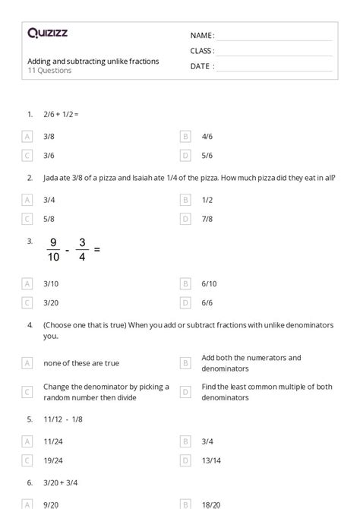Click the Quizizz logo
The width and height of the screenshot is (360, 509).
(x=46, y=33)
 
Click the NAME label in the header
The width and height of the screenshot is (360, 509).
(x=201, y=35)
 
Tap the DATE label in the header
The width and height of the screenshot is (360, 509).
(x=201, y=66)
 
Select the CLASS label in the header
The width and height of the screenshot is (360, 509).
(x=202, y=51)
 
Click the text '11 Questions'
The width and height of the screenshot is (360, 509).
(x=49, y=71)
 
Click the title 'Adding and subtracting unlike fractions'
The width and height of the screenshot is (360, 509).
(x=93, y=61)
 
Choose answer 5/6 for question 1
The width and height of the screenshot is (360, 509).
(x=207, y=155)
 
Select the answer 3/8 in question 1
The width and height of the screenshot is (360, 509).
(x=49, y=137)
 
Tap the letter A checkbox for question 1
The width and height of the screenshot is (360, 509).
(x=27, y=137)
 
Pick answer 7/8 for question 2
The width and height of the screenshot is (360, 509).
(x=207, y=219)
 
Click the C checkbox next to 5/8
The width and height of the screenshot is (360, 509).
(x=27, y=219)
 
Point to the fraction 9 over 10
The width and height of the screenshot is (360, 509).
(x=53, y=249)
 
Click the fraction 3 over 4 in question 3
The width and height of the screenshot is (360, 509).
(x=82, y=249)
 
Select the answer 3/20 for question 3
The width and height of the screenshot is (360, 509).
(x=52, y=302)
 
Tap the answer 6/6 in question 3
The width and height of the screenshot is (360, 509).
(x=207, y=302)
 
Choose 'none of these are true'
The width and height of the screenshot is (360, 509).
(x=81, y=363)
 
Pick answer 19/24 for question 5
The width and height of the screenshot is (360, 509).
(x=53, y=460)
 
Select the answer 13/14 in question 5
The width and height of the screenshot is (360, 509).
(x=211, y=460)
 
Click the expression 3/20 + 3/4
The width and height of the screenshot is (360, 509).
(x=62, y=482)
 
